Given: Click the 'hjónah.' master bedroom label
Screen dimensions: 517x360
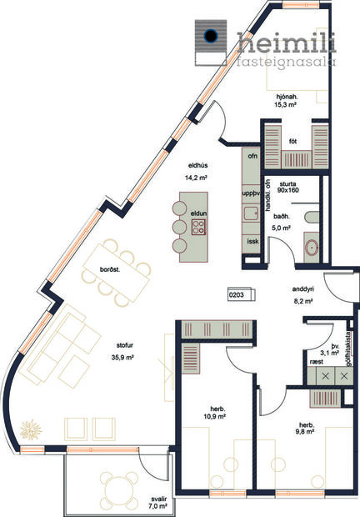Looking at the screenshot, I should pyautogui.click(x=286, y=96).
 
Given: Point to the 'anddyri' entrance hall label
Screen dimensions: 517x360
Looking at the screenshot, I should pyautogui.click(x=302, y=291).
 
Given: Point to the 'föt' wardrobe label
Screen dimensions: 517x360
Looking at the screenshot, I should pyautogui.click(x=293, y=142).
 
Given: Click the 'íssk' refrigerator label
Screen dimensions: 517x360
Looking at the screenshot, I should pyautogui.click(x=252, y=240).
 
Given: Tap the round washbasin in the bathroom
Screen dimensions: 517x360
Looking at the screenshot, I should pyautogui.click(x=310, y=247).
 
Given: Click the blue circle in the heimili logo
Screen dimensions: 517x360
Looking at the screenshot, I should pyautogui.click(x=212, y=36).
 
